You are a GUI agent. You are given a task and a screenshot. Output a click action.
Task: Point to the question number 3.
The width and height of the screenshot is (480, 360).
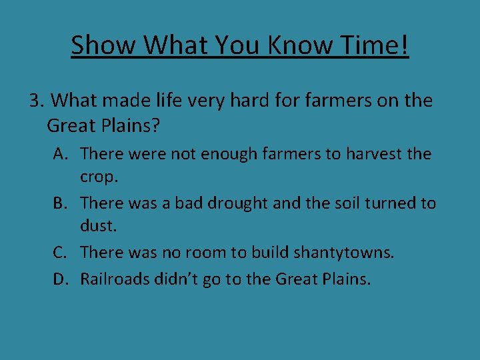[36, 101]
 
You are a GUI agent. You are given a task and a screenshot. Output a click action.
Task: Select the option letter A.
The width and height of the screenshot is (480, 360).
[61, 154]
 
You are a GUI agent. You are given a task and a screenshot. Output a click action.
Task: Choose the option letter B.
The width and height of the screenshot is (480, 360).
[61, 203]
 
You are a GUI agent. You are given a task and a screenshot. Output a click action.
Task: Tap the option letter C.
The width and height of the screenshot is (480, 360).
[61, 252]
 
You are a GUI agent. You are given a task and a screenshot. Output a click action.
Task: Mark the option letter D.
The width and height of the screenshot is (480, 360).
[61, 279]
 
